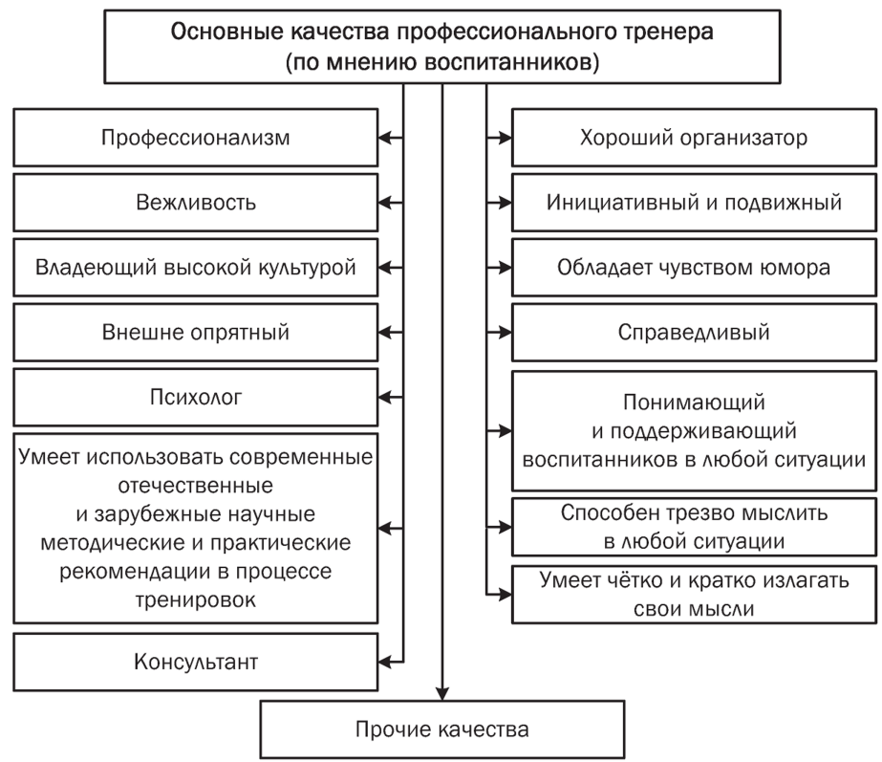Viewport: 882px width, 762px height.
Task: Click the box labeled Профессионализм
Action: coord(196,138)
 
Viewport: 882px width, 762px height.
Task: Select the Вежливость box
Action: coord(196,203)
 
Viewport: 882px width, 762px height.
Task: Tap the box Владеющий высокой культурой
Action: coord(196,267)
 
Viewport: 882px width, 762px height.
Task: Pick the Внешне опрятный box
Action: coord(196,332)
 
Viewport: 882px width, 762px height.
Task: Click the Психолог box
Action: coord(196,396)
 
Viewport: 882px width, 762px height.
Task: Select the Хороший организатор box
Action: coord(695,138)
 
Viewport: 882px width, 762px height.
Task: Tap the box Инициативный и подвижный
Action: coord(695,203)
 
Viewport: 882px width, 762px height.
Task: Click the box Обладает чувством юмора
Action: coord(695,267)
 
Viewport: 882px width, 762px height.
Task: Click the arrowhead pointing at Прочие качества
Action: coord(443,694)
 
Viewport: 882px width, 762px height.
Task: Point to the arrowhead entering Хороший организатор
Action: coord(505,138)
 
